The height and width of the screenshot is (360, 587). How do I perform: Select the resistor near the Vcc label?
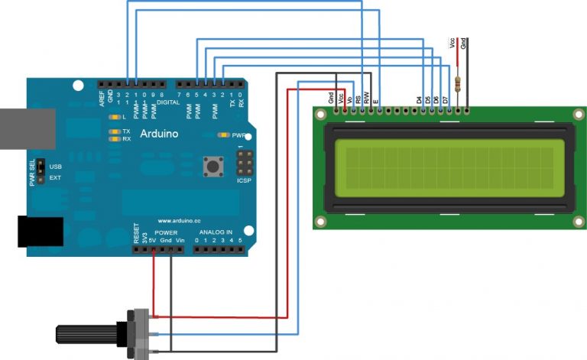pyautogui.click(x=457, y=82)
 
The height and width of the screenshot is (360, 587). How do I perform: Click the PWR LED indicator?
pyautogui.click(x=224, y=135)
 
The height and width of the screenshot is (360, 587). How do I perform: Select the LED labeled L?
pyautogui.click(x=114, y=117)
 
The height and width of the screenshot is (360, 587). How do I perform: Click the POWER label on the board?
pyautogui.click(x=165, y=232)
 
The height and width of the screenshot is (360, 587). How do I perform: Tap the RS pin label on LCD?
pyautogui.click(x=359, y=99)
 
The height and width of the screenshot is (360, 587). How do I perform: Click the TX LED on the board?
pyautogui.click(x=114, y=131)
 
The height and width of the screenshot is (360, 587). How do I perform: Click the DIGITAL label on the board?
pyautogui.click(x=167, y=101)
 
